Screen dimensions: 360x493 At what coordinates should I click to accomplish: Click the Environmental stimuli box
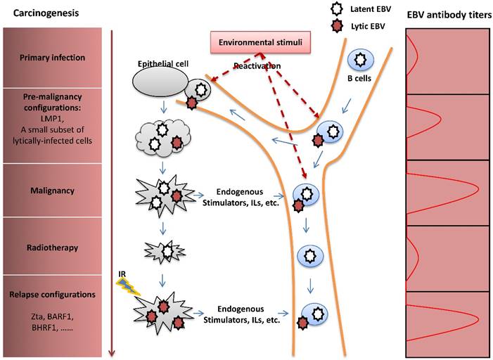point(260,43)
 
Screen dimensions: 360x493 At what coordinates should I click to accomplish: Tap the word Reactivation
point(259,66)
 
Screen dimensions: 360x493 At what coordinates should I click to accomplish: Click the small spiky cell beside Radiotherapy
point(167,250)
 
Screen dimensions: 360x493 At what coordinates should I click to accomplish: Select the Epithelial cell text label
point(158,63)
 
